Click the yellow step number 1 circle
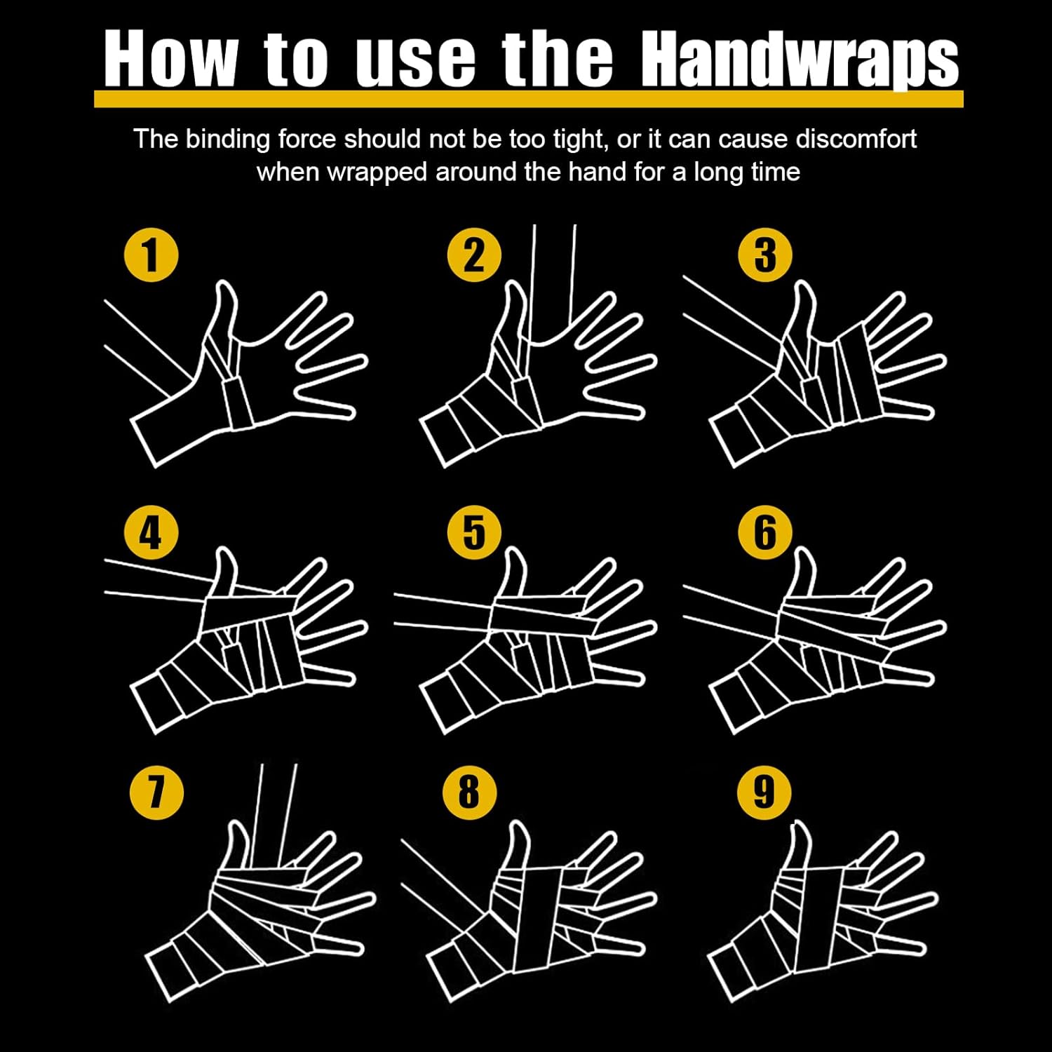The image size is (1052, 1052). tap(151, 255)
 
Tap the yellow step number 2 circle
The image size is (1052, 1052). tap(474, 255)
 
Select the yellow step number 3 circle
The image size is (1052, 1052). tap(765, 255)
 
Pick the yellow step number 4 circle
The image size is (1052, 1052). tap(151, 532)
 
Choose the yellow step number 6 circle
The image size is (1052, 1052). tap(765, 532)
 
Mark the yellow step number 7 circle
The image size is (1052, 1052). tap(157, 793)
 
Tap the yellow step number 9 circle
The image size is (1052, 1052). tap(764, 793)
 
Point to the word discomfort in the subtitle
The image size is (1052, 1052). tap(856, 139)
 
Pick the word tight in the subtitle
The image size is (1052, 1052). tap(579, 140)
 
